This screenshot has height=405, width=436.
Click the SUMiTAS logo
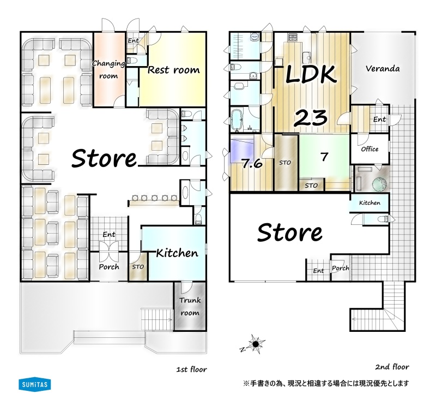click(x=34, y=385)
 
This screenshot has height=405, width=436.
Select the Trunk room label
click(x=190, y=306)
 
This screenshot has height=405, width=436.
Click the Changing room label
click(x=108, y=69)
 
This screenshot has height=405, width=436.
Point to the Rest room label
click(x=173, y=70)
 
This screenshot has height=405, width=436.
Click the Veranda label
click(x=383, y=69)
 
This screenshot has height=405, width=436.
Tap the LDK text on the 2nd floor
click(x=311, y=74)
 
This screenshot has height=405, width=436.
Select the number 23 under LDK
click(x=310, y=118)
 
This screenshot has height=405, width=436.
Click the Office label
click(x=370, y=149)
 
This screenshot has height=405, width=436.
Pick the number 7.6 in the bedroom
click(x=252, y=164)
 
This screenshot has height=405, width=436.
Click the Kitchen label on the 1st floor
click(x=177, y=253)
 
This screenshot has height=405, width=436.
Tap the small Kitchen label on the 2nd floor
click(x=370, y=203)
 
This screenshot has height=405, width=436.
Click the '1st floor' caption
click(x=192, y=370)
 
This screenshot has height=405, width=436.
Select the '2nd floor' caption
click(x=392, y=367)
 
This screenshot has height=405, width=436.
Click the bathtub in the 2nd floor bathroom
click(x=237, y=120)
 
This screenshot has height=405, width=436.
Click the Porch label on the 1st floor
click(x=108, y=267)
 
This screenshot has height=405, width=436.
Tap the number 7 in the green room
click(x=324, y=157)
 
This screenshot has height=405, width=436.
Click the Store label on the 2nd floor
click(x=289, y=233)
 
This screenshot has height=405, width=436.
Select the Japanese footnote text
click(x=326, y=384)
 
